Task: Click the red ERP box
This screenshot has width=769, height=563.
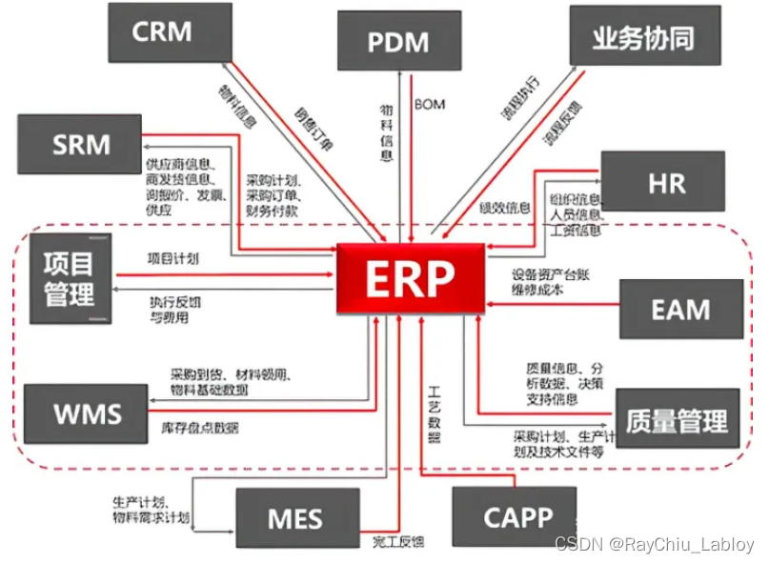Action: (x=411, y=278)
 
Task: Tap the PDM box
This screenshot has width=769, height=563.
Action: (x=398, y=41)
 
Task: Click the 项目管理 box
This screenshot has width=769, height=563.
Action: (x=70, y=277)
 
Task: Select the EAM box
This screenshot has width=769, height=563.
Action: (x=680, y=309)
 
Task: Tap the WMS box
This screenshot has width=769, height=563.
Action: (x=86, y=412)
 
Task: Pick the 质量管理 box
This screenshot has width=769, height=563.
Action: (x=678, y=419)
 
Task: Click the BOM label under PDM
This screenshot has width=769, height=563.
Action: (x=430, y=103)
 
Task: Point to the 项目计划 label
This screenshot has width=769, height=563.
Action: (x=172, y=258)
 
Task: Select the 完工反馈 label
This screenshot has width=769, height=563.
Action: (x=397, y=541)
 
